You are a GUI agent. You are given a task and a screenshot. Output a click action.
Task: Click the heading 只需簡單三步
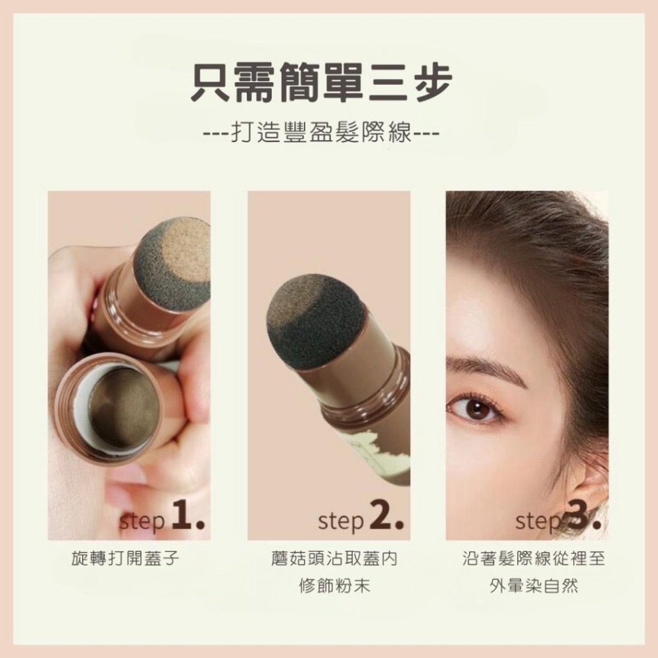pyautogui.click(x=321, y=82)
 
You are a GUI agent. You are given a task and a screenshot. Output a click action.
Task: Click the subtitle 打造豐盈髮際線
pyautogui.click(x=321, y=139)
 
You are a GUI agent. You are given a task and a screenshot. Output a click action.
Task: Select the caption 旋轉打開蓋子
pyautogui.click(x=124, y=559)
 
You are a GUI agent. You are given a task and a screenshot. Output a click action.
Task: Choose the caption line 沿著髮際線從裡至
pyautogui.click(x=534, y=559)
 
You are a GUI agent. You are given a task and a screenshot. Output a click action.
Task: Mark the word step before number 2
pyautogui.click(x=340, y=522)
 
